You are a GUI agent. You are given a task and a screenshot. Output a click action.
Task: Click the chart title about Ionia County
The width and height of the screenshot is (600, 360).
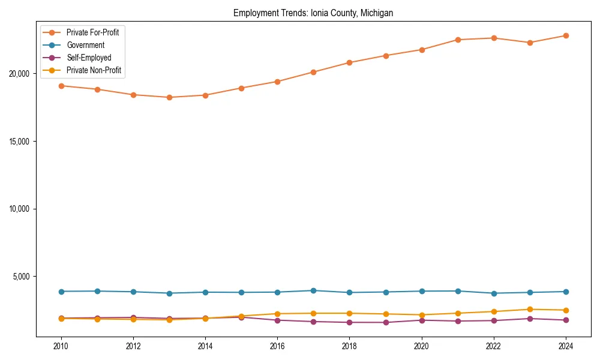click(313, 13)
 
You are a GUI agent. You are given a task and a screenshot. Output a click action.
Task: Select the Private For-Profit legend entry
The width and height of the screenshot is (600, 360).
click(92, 32)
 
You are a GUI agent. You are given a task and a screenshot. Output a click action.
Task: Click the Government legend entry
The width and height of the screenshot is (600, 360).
click(85, 45)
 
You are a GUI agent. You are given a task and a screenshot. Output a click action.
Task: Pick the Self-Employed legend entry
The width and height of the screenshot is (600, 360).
click(89, 58)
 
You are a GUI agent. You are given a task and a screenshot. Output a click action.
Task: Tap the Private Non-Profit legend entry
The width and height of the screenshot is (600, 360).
click(94, 70)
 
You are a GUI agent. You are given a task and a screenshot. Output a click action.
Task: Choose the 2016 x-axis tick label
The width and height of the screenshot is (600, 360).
click(277, 346)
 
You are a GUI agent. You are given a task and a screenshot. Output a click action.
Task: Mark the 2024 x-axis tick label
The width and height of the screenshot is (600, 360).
click(566, 346)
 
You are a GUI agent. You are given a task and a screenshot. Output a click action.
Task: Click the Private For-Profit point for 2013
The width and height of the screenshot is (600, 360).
click(169, 97)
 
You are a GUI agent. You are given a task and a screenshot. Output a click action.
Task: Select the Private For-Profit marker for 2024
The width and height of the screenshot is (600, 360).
click(566, 35)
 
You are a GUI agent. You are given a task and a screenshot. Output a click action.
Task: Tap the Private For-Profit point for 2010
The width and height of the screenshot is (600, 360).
click(61, 86)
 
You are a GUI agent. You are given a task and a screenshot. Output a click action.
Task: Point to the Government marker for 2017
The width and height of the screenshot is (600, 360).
click(313, 290)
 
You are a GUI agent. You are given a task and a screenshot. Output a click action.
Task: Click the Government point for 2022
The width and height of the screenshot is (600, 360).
click(494, 293)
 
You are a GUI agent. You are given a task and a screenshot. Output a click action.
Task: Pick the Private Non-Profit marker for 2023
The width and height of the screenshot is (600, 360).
click(530, 310)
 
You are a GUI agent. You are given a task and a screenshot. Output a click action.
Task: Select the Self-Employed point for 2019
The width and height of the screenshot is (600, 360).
click(386, 322)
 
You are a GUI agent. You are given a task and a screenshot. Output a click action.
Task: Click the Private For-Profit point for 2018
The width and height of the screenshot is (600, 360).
click(349, 62)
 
